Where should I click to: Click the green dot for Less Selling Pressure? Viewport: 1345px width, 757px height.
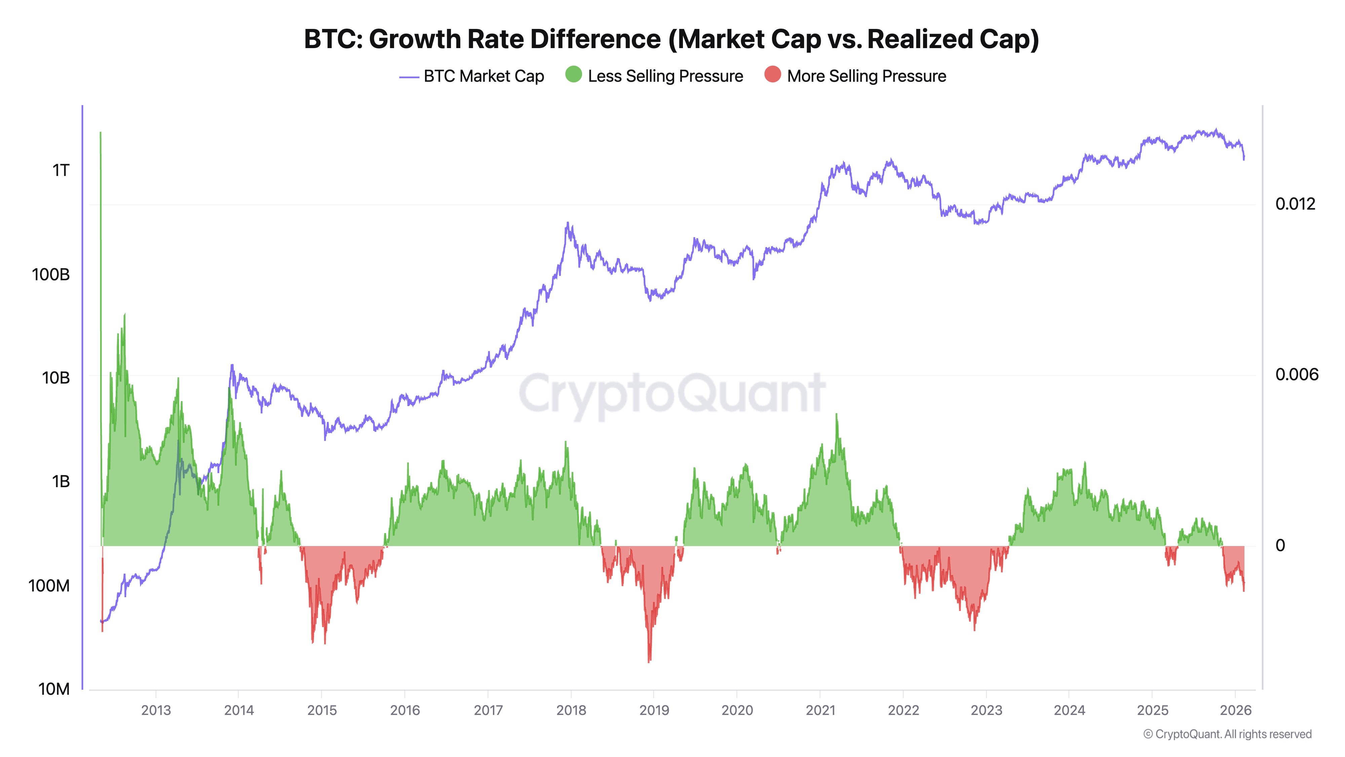573,75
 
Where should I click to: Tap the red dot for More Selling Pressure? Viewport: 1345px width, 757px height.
772,75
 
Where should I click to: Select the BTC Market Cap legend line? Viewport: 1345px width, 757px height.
409,77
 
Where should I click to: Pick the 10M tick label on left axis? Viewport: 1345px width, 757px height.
54,689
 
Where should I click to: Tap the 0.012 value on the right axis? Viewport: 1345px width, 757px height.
1295,204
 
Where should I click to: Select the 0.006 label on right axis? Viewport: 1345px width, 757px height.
1297,374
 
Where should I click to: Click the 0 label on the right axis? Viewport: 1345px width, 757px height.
1280,545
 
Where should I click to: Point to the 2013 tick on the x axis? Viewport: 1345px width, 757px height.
156,710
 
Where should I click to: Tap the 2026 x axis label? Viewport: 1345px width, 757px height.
1235,710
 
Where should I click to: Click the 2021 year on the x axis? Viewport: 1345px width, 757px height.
820,710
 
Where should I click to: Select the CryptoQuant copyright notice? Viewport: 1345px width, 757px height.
1227,734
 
